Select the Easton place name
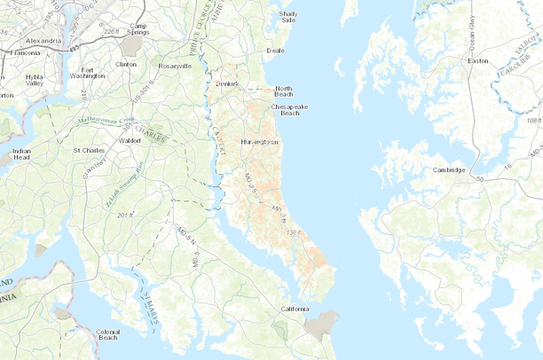(x=478, y=60)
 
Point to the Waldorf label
(x=130, y=140)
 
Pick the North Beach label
(x=283, y=91)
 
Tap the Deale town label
(x=275, y=51)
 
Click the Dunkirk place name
(x=229, y=84)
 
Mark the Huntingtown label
(x=259, y=142)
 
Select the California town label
(x=295, y=309)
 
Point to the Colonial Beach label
(x=107, y=334)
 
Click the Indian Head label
(x=22, y=154)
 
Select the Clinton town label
(x=126, y=65)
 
